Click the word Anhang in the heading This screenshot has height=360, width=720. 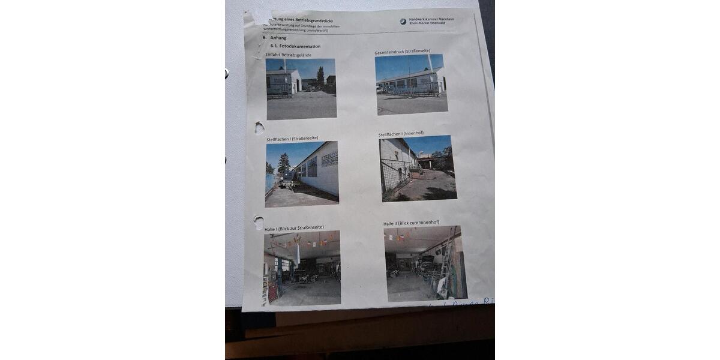click(278, 38)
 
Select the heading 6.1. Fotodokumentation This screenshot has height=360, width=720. click(295, 46)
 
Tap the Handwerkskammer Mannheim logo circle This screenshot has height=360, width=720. click(403, 21)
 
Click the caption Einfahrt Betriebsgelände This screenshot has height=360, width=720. click(289, 55)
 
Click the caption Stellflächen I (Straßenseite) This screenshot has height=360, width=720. click(292, 139)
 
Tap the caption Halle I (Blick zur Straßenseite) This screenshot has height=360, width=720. click(294, 228)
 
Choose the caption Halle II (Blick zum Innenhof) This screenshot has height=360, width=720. click(411, 223)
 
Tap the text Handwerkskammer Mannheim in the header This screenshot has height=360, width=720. click(431, 19)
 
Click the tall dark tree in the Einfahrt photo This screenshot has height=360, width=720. click(320, 76)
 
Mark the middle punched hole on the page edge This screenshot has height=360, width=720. click(259, 127)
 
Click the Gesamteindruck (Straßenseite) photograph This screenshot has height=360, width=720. click(412, 83)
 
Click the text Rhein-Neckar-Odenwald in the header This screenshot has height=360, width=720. click(431, 24)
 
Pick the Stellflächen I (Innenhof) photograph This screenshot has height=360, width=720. click(418, 168)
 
